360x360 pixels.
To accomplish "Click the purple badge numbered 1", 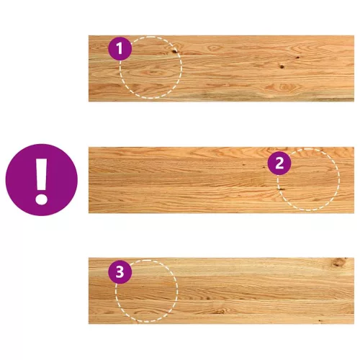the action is point(120,48).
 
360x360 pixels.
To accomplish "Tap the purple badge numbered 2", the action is point(279,163).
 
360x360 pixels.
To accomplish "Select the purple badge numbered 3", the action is point(120,272).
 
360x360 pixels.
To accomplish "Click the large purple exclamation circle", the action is point(42,180).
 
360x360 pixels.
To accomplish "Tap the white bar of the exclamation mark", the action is point(42,174).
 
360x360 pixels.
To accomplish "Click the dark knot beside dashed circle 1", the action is point(174,51).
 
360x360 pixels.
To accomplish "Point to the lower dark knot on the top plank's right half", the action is point(282,66).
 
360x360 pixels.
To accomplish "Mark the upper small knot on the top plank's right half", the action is point(297,58).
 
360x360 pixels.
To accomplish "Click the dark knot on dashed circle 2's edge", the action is point(281,189).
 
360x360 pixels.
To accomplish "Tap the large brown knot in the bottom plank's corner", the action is point(339,263).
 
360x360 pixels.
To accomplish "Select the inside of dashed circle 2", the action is point(308,179).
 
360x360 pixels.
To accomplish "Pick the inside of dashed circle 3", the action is point(147,291).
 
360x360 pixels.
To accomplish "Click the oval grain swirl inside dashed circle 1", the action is point(153,72).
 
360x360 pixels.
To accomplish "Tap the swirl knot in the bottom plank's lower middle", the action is point(220,311).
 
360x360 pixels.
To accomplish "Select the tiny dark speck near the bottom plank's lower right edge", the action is point(320,320).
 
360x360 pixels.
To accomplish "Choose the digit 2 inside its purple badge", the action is point(279,163).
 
